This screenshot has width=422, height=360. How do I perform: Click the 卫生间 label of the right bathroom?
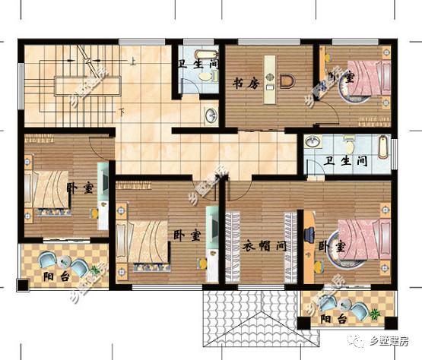tap(345, 161)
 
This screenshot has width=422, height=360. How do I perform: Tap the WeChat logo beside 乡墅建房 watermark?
tap(357, 341)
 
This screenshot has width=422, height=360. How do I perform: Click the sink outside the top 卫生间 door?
tap(210, 115)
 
